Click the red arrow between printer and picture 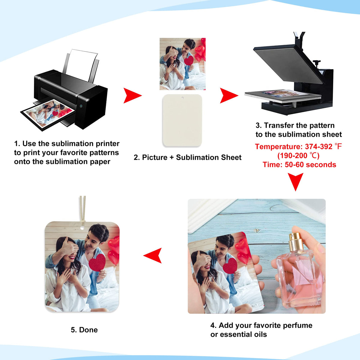tap(132, 95)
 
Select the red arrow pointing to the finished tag tap(153, 255)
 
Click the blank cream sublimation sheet tap(182, 120)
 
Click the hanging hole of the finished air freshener tap(82, 228)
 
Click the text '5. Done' tap(84, 330)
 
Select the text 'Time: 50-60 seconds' tap(299, 165)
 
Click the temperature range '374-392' tap(319, 147)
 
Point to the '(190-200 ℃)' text tap(298, 156)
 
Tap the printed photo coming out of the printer tap(48, 114)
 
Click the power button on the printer tap(81, 106)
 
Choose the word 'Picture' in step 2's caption tap(155, 157)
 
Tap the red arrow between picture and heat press tap(228, 95)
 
